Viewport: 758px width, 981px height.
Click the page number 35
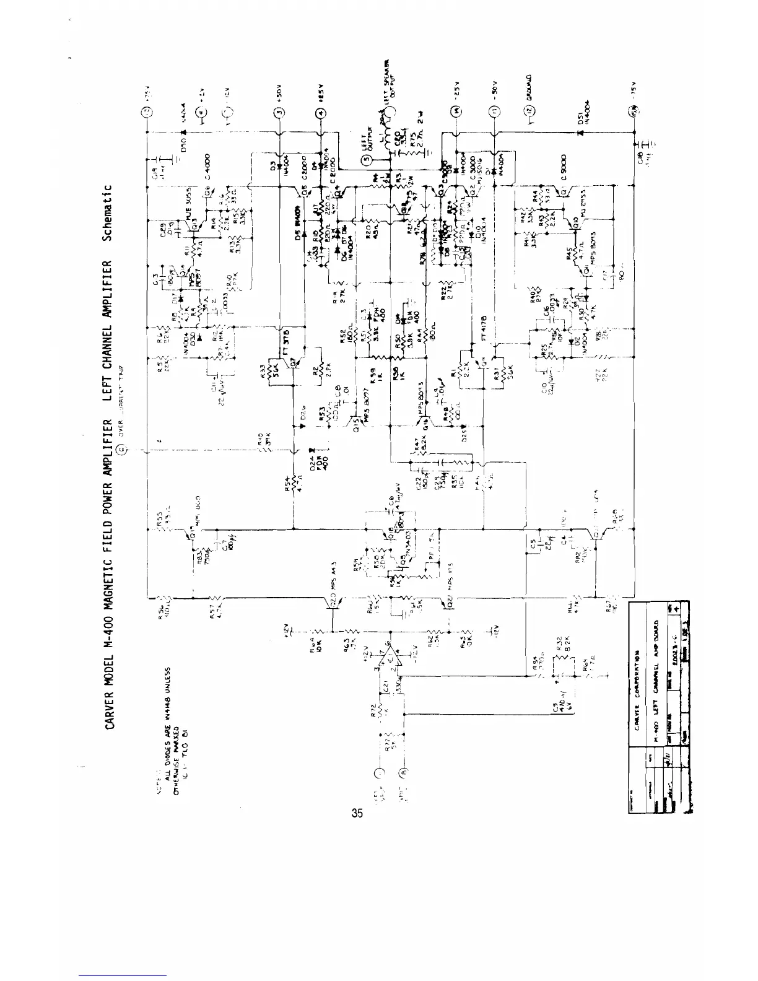(357, 813)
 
